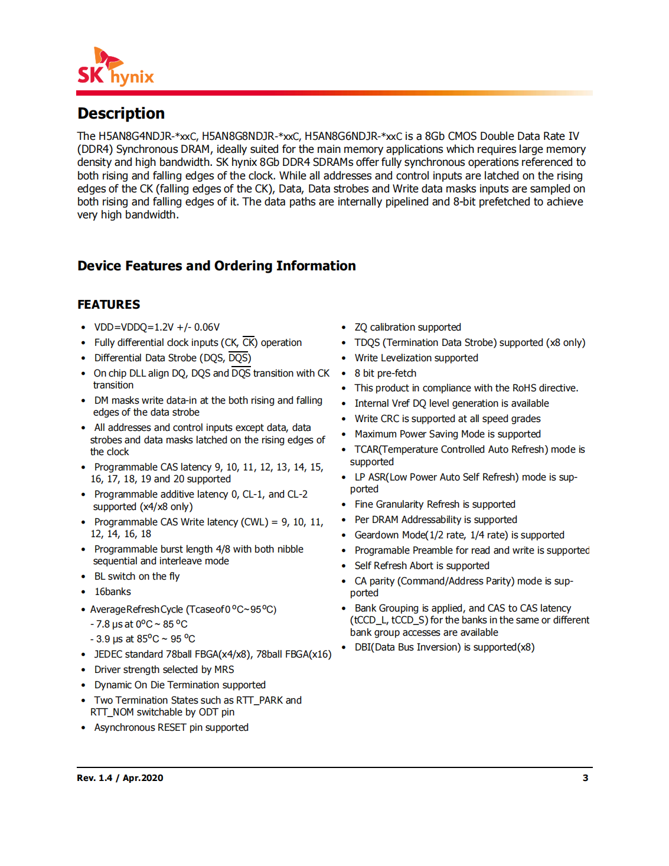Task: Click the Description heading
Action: click(121, 113)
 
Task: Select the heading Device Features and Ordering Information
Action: click(216, 266)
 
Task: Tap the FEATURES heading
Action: click(109, 305)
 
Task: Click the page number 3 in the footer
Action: click(585, 778)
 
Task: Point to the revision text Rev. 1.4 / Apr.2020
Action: click(120, 778)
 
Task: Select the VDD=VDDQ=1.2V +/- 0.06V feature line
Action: click(156, 328)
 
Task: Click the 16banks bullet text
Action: click(112, 592)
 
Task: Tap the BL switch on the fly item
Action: click(136, 577)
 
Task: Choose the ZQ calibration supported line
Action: click(407, 328)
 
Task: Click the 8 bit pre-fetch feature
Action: click(385, 374)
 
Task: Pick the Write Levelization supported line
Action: click(416, 358)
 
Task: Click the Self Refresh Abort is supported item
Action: click(422, 566)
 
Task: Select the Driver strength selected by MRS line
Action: click(164, 670)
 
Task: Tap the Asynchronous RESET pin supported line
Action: click(171, 728)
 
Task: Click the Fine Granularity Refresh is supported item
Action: click(435, 505)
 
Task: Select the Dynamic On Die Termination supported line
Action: click(180, 685)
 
